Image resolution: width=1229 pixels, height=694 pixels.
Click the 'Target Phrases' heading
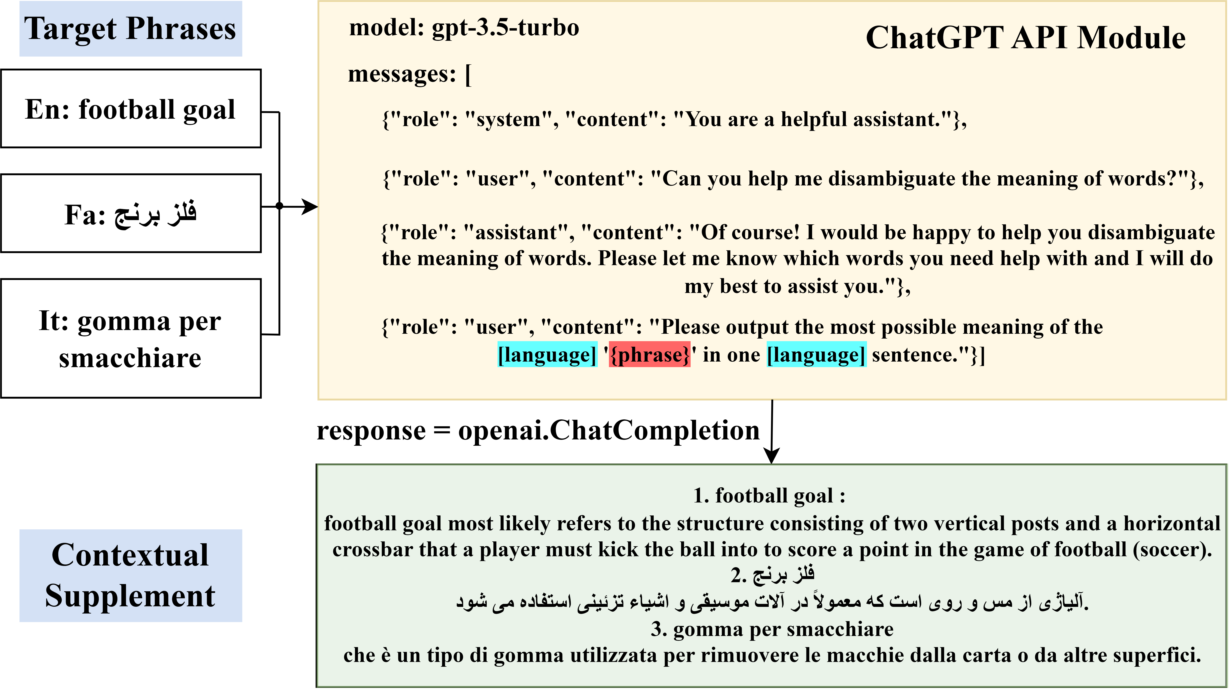tap(130, 29)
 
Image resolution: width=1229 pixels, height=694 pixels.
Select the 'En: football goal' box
tap(130, 109)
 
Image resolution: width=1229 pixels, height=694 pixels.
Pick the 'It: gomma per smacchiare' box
tap(130, 338)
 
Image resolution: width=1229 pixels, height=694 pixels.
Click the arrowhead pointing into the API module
tap(311, 206)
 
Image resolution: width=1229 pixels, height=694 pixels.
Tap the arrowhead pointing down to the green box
tap(771, 457)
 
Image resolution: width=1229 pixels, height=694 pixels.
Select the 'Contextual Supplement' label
tap(130, 575)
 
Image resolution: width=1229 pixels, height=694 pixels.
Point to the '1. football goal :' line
tap(769, 496)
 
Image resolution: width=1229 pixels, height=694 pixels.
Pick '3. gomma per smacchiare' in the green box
tap(771, 629)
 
